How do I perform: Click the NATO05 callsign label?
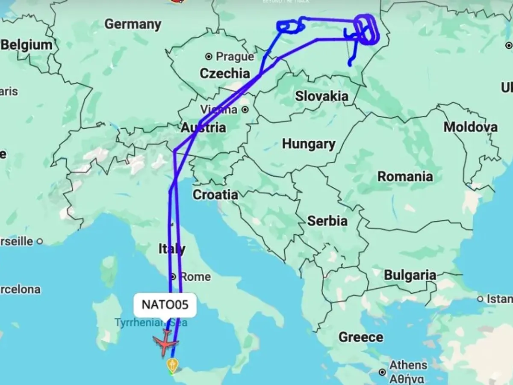pos(165,305)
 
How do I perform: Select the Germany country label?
pos(133,24)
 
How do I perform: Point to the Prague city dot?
pos(209,56)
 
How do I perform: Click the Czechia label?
pos(224,73)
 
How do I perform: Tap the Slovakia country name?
pos(321,96)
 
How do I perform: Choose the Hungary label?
pos(308,144)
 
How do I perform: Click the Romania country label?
pos(405,176)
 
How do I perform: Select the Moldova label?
pos(470,127)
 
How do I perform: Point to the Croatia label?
pos(215,195)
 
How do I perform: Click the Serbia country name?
pos(327,221)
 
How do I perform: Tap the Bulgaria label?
pos(410,275)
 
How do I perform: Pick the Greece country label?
pos(361,337)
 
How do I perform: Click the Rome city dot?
pos(174,276)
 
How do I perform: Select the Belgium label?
pos(27,45)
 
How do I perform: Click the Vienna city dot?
pos(245,110)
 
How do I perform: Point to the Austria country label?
pos(203,127)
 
